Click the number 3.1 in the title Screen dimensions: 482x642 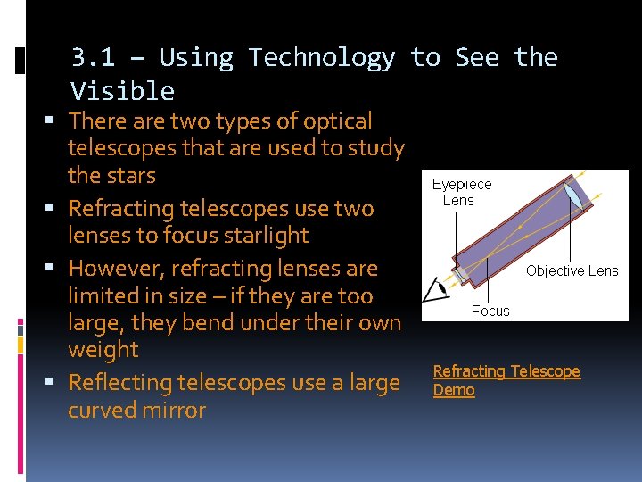93,58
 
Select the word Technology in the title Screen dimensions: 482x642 322,58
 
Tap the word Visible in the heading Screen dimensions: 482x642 122,91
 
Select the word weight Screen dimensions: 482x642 103,350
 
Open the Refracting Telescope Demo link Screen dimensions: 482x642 506,380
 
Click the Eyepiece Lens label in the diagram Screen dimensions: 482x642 461,192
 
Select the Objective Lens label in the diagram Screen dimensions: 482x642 572,270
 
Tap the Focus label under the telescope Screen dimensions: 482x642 490,311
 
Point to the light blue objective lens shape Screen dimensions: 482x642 572,194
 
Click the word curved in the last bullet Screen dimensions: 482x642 103,411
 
